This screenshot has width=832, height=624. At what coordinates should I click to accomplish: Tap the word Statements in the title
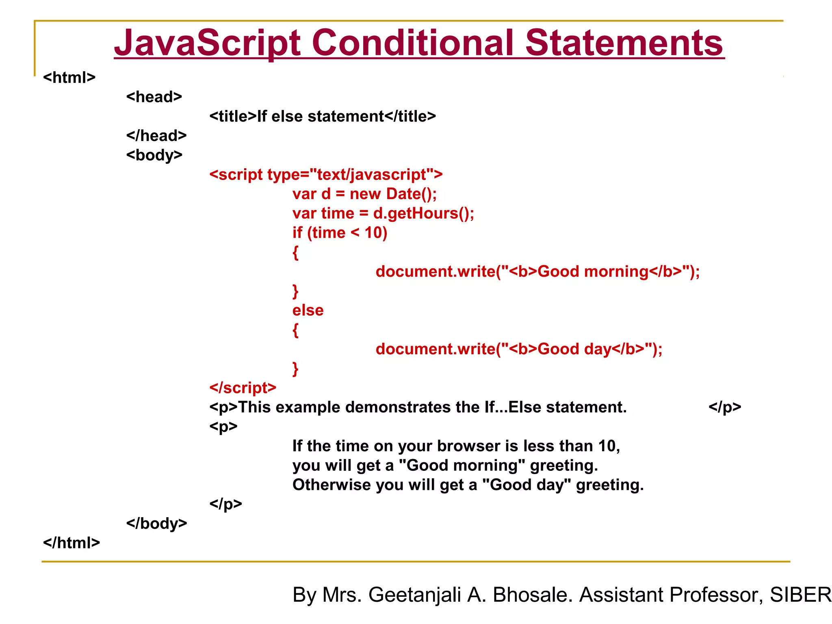[624, 43]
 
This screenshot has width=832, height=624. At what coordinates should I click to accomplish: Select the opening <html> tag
[69, 77]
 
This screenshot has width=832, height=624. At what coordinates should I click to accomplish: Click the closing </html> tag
[71, 543]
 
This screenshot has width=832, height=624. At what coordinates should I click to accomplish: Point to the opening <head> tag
[154, 97]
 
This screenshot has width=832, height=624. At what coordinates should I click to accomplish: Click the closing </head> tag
[156, 136]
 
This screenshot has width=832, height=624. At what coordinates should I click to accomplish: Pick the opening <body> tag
[154, 155]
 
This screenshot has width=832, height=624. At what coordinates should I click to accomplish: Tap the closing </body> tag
[157, 523]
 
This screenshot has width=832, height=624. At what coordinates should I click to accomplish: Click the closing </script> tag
[243, 388]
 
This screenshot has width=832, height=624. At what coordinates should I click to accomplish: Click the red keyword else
[308, 310]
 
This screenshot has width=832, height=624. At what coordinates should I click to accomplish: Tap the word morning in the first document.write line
[616, 271]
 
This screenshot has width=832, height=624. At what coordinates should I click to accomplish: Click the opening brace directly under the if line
[295, 252]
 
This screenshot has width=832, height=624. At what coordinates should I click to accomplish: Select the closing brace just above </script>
[295, 369]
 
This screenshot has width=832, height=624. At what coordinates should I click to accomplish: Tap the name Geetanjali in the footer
[415, 595]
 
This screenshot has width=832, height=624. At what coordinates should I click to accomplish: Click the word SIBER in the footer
[800, 595]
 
